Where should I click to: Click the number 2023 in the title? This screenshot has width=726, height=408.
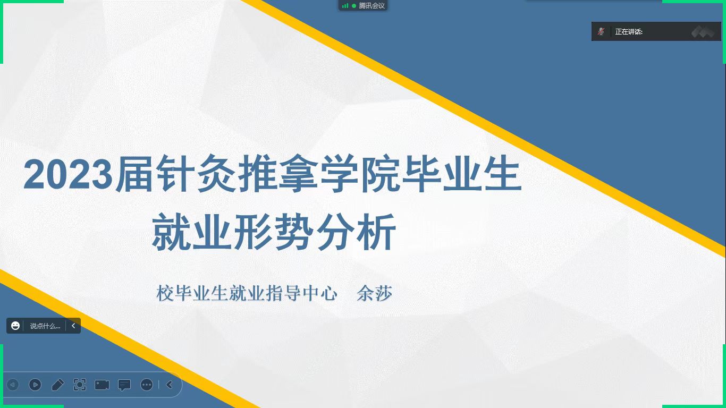tap(68, 174)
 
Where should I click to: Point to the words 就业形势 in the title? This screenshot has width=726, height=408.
tap(232, 232)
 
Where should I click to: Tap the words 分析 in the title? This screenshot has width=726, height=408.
tap(357, 232)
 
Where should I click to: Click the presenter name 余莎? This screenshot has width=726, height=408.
tap(375, 293)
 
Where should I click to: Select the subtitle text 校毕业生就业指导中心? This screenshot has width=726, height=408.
tap(247, 293)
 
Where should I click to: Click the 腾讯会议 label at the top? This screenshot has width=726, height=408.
tap(372, 5)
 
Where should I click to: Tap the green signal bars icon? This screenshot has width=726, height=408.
tap(345, 5)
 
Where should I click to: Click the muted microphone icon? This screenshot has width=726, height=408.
tap(601, 31)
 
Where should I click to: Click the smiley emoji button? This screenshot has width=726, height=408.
tap(15, 326)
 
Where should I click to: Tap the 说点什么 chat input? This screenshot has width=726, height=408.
tap(45, 326)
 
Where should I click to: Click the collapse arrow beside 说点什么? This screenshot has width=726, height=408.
tap(73, 326)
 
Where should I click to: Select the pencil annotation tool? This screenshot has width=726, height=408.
tap(58, 385)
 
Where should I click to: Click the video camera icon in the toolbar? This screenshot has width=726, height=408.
tap(102, 385)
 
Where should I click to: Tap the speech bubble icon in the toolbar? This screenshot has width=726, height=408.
tap(124, 385)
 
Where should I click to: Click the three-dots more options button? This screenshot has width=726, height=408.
tap(147, 385)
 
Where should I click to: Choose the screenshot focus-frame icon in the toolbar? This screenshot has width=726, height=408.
tap(80, 385)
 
